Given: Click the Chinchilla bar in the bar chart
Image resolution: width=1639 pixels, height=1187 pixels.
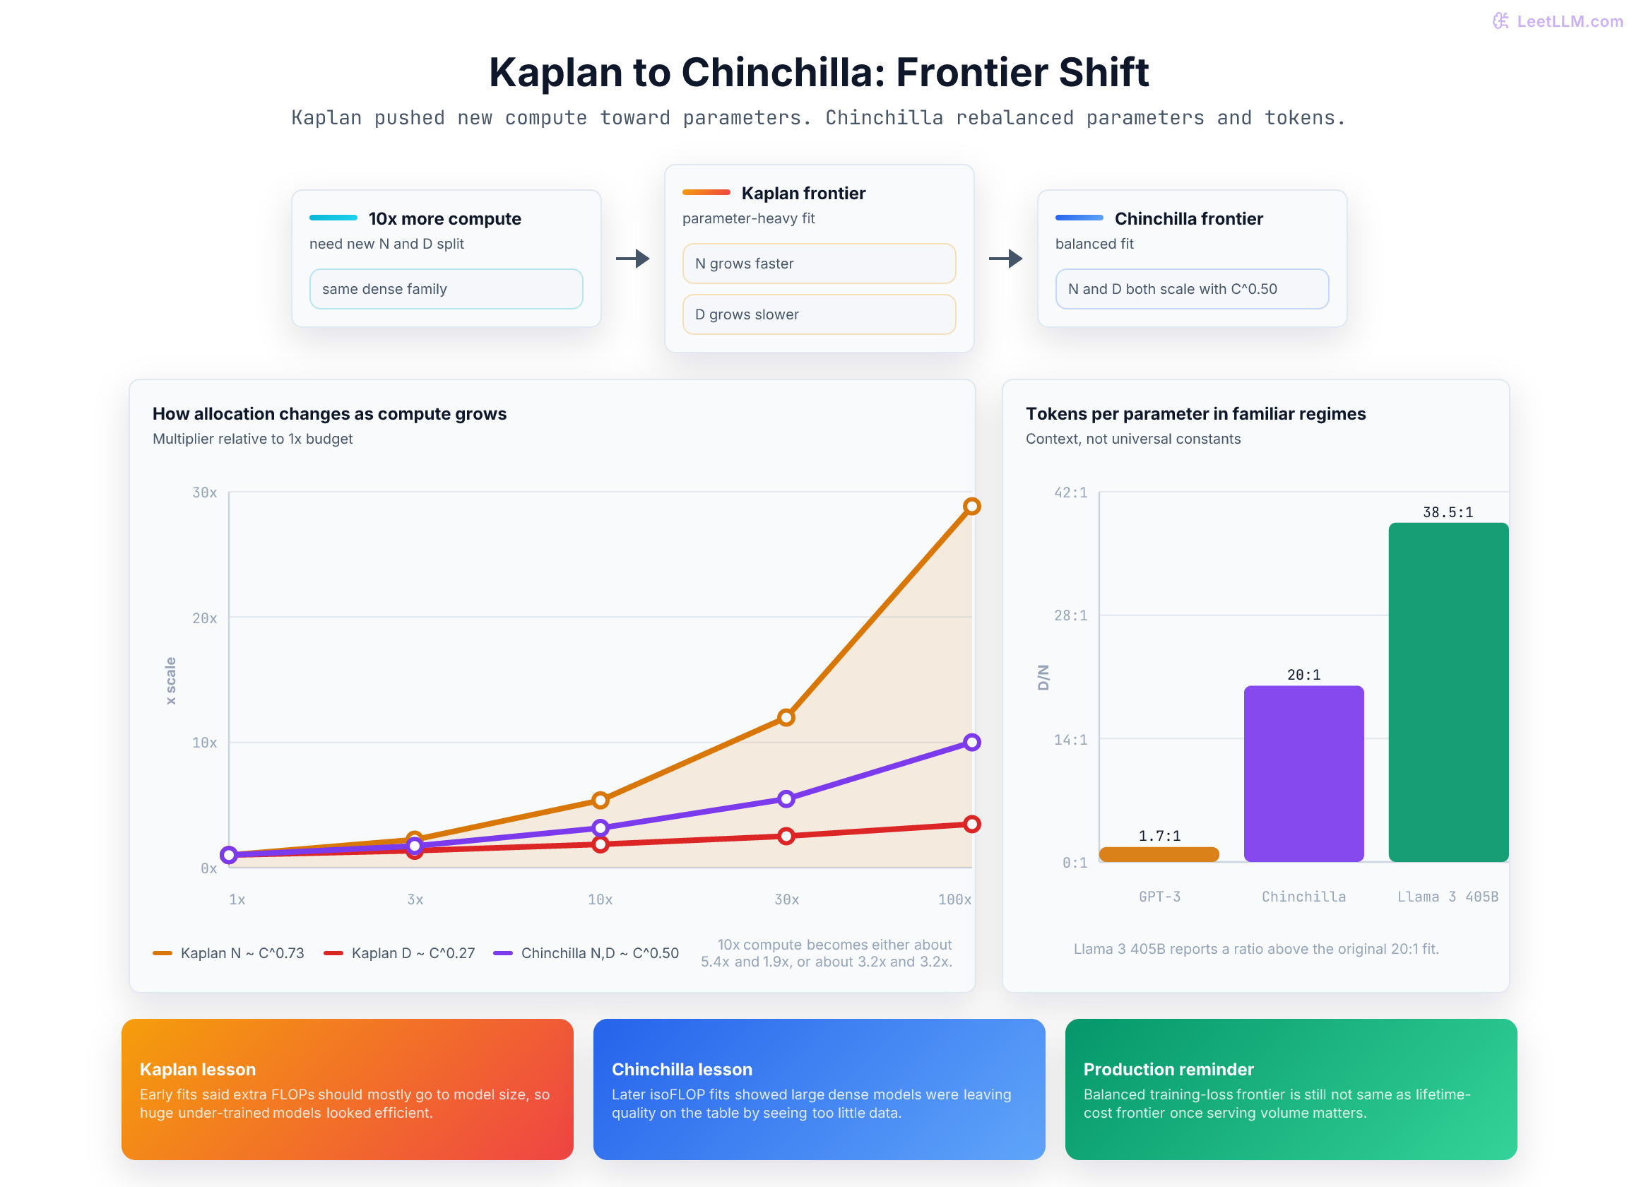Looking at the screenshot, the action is click(1303, 774).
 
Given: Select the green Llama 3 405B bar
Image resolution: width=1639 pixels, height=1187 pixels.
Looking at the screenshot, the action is click(1448, 692).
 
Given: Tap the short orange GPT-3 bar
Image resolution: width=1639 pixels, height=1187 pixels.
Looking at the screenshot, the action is click(1159, 854).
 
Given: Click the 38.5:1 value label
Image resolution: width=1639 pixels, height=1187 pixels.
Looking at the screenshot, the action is click(1448, 512).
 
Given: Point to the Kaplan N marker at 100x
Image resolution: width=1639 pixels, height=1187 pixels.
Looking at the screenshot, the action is click(972, 506).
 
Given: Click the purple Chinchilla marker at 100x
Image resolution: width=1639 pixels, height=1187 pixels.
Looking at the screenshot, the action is click(972, 743).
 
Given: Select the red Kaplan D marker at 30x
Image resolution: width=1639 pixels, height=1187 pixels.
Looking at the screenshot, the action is click(786, 837).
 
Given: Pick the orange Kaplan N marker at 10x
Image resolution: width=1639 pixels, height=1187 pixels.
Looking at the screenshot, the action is click(600, 801).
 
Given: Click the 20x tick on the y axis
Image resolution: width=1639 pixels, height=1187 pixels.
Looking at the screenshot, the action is click(204, 618).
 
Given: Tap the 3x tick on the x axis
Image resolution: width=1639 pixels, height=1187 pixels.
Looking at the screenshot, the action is click(415, 899).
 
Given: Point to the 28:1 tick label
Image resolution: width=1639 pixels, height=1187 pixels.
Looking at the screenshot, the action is click(1070, 615).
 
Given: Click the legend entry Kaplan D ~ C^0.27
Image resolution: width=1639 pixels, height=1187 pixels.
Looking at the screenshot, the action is click(400, 953).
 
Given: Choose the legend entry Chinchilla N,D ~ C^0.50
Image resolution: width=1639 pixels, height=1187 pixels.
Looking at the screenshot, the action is click(586, 953).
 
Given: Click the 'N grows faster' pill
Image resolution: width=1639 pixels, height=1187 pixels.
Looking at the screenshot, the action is click(819, 264).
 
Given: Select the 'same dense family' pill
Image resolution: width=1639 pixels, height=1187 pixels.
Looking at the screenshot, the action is click(446, 289).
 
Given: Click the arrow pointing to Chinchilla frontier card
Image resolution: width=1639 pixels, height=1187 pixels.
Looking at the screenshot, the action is click(1005, 258).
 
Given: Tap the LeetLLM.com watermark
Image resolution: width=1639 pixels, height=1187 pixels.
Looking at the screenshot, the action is click(1557, 21).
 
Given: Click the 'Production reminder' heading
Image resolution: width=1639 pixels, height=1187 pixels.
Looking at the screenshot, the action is click(1168, 1069).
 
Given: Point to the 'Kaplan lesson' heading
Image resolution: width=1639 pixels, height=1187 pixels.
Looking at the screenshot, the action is click(197, 1069).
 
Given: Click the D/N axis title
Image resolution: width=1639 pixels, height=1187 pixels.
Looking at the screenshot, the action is click(1043, 678).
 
